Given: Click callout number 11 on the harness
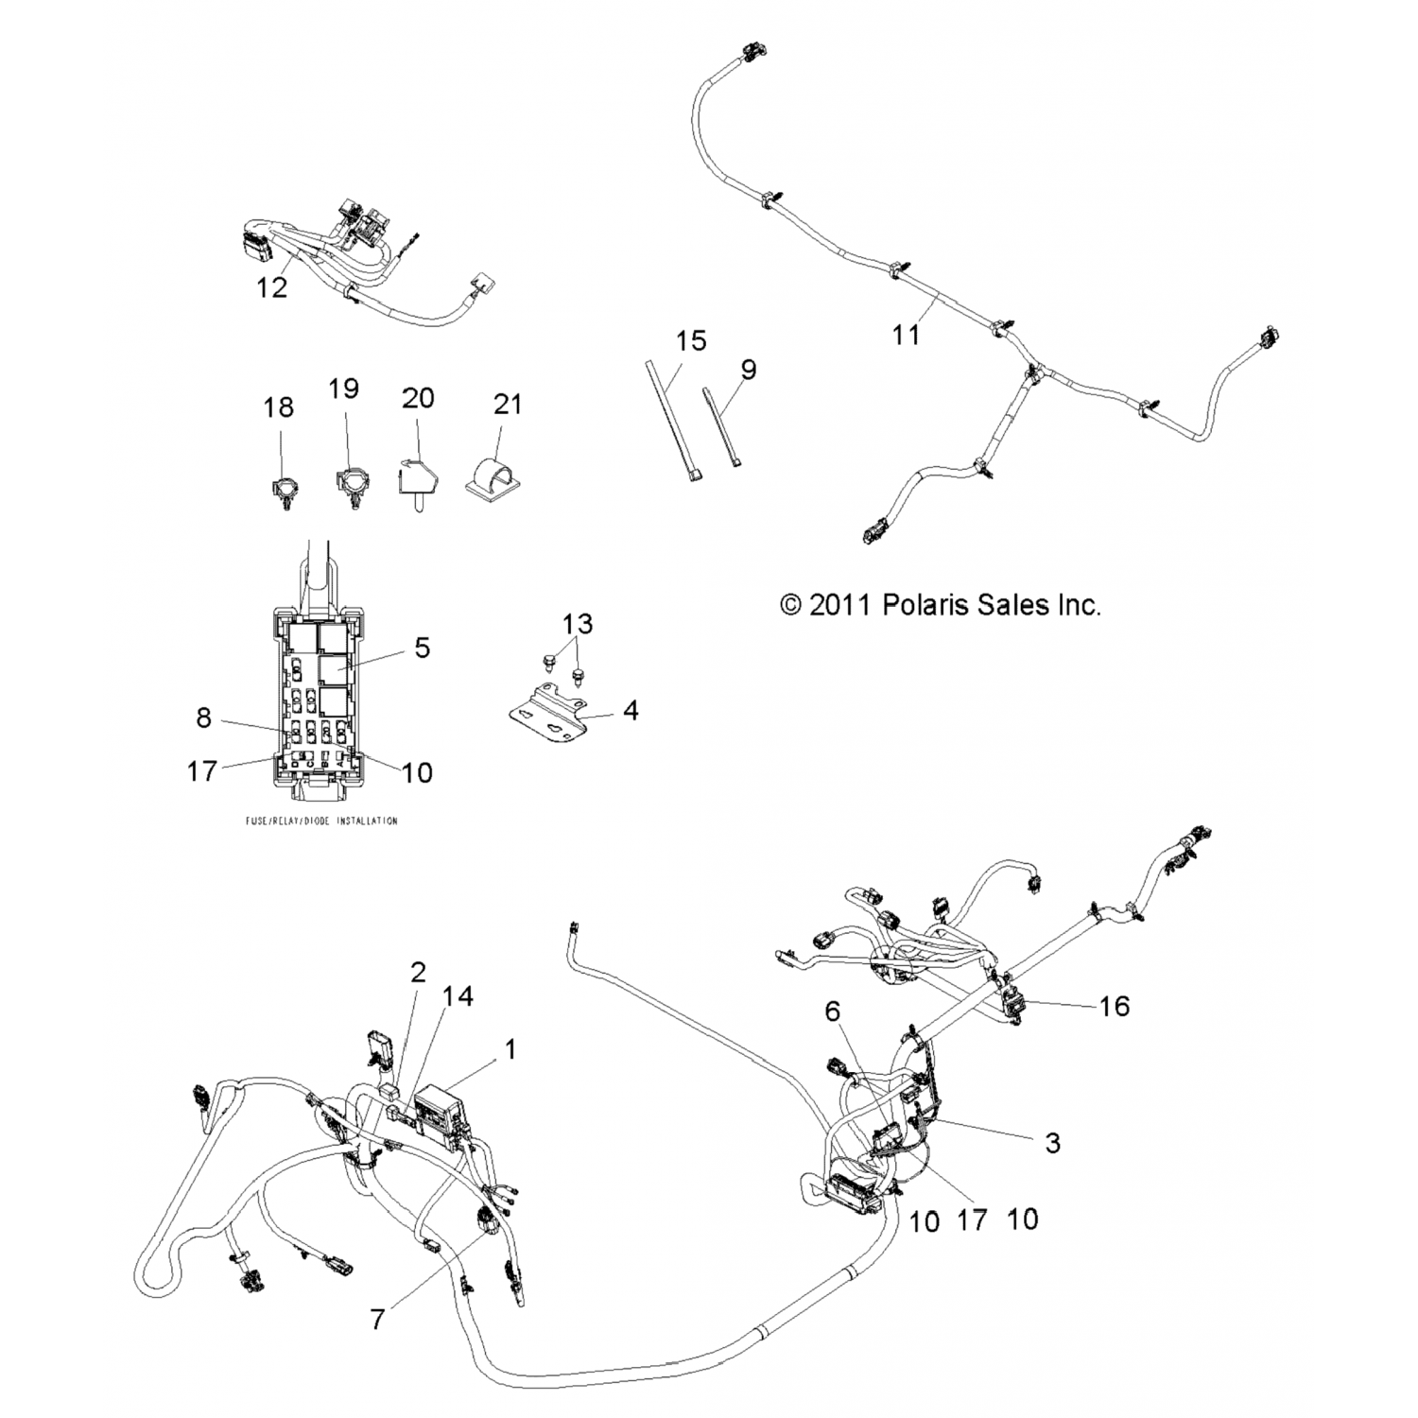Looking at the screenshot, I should coord(906,335).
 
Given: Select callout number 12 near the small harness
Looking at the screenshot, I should coord(271,287).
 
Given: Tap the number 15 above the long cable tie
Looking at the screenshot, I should coord(691,340).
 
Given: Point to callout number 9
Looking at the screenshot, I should coord(748,369).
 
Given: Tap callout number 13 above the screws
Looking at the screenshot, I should coord(577,624).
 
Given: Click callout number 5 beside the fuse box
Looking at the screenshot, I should coord(422,648).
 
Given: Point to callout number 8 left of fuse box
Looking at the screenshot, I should coord(203,718).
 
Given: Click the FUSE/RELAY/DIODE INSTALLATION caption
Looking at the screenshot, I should coord(321,821).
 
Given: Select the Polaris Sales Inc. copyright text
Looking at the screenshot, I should coord(941,604).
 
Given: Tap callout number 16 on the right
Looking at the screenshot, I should coord(1115,1006).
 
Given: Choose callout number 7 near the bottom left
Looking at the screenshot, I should coord(377,1319).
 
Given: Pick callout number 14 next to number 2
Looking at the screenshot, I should coord(458,996).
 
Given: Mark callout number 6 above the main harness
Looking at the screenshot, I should coord(832,1011).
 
